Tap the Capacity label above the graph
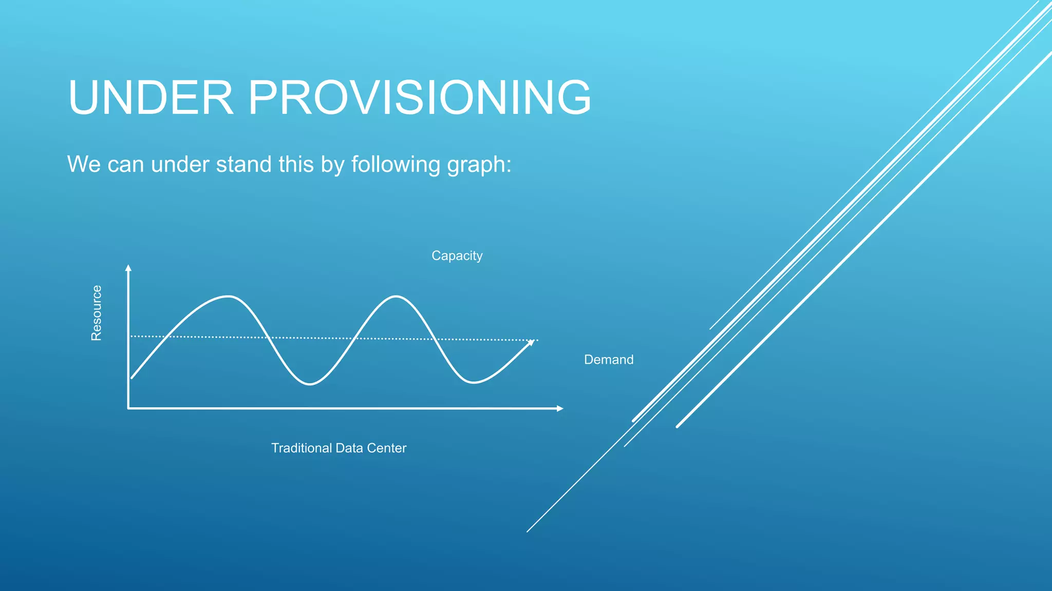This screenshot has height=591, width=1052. [457, 255]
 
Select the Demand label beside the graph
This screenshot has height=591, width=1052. [609, 360]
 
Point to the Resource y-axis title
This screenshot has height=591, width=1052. [97, 313]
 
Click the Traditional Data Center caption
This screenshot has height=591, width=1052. [339, 448]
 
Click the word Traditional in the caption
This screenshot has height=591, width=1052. [302, 448]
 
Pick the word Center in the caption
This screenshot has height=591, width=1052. [386, 448]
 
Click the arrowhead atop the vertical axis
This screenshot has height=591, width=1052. [128, 267]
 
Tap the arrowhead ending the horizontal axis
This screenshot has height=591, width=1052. [560, 408]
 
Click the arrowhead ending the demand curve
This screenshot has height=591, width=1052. [531, 343]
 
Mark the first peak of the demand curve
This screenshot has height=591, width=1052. [228, 297]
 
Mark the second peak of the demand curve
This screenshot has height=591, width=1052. [396, 297]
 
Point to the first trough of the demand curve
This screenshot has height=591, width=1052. [310, 384]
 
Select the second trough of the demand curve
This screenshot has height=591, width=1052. [473, 382]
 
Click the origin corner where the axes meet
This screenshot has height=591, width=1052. [128, 408]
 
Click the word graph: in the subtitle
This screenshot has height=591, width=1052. [479, 165]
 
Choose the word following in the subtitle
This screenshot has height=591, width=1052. [396, 165]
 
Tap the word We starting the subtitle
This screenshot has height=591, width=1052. [84, 165]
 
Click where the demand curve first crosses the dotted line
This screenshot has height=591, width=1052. [166, 337]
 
